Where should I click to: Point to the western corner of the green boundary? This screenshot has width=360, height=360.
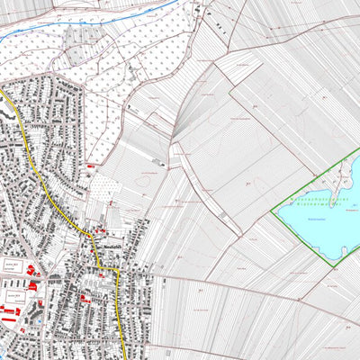pos(272,212)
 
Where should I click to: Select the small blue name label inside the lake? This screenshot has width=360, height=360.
pos(315,217)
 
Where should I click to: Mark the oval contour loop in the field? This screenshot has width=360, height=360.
pos(143,180)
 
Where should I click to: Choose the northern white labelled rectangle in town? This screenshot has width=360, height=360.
pos(13,265)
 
